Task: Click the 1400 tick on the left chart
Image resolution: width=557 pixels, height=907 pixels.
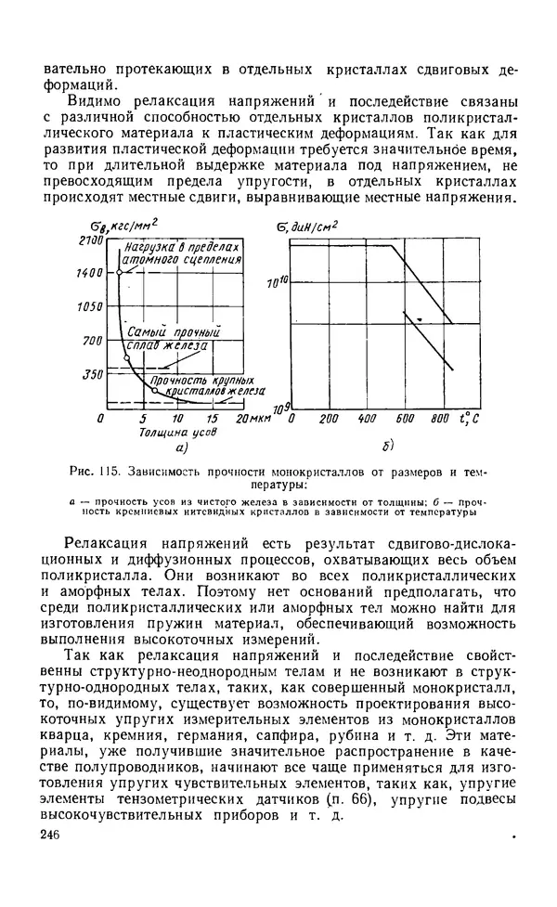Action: click(92, 274)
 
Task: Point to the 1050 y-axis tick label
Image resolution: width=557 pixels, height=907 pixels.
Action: click(92, 306)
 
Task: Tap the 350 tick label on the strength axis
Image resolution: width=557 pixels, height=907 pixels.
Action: click(95, 374)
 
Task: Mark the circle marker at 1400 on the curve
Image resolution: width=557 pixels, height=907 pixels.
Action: click(120, 274)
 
